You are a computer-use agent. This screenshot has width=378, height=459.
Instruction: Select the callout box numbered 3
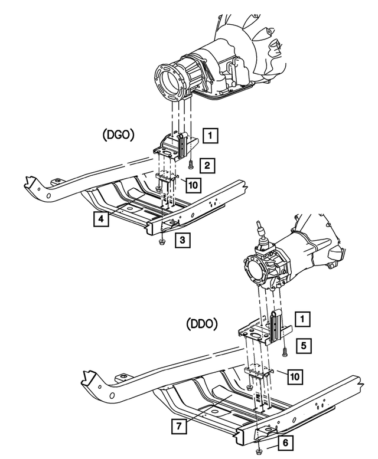click(x=183, y=240)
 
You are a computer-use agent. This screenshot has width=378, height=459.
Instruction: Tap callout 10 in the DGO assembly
click(x=193, y=185)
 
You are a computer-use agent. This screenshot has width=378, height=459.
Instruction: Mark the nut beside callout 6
click(x=259, y=452)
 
